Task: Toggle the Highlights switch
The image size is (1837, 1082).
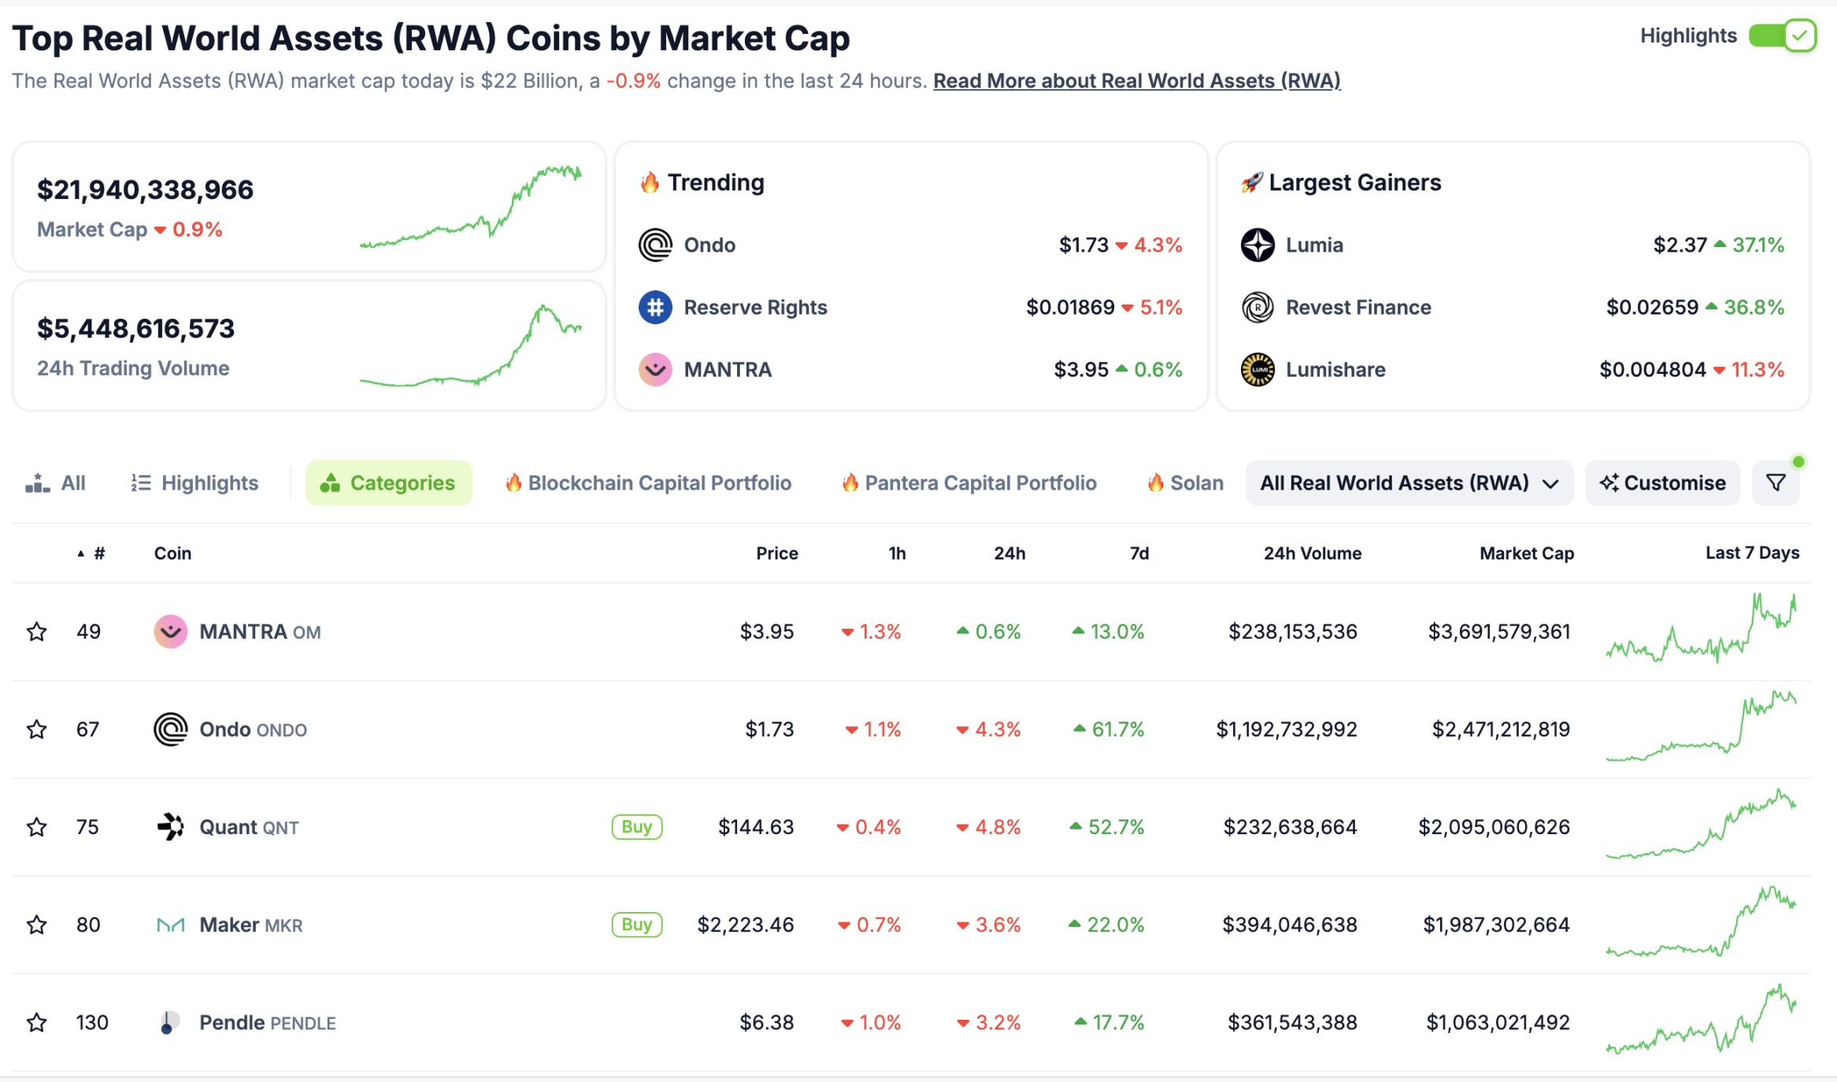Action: (x=1782, y=36)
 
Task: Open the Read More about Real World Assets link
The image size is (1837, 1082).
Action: (x=1136, y=81)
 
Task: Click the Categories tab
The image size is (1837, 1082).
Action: (x=389, y=483)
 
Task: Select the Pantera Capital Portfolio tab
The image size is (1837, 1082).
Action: (x=969, y=483)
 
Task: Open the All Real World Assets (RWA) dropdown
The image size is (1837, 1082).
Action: (x=1409, y=483)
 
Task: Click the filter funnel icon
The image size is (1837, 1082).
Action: (x=1776, y=483)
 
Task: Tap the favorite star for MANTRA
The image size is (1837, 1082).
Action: (x=37, y=632)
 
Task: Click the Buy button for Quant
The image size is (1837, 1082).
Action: (x=636, y=827)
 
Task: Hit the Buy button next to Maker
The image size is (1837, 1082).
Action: (x=636, y=925)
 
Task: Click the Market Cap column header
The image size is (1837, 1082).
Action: (x=1526, y=553)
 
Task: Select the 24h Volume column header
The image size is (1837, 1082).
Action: (x=1312, y=553)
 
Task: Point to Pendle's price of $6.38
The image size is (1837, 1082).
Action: (x=766, y=1022)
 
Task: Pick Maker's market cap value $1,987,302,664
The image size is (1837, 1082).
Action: (x=1496, y=925)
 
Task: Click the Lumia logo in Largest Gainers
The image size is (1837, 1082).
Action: (x=1257, y=245)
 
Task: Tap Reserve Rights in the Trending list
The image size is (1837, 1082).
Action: (x=754, y=308)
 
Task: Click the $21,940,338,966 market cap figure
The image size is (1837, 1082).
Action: (x=146, y=190)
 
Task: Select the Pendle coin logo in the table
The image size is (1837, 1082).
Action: (x=169, y=1022)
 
